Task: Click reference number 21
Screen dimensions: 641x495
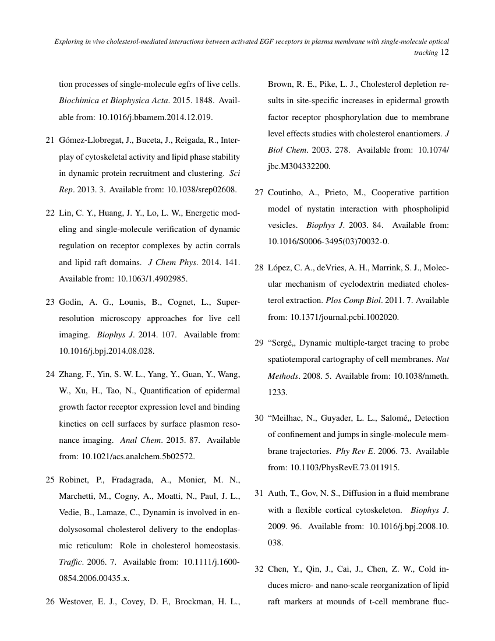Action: [50, 140]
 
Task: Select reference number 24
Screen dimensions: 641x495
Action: [50, 374]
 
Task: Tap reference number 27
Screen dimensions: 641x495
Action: [260, 192]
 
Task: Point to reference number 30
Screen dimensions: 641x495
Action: [260, 418]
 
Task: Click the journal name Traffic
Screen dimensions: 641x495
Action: [70, 563]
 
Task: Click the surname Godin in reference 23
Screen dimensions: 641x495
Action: [71, 302]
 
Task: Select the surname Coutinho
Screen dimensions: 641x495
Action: [285, 192]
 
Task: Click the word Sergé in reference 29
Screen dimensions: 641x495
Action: [284, 343]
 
